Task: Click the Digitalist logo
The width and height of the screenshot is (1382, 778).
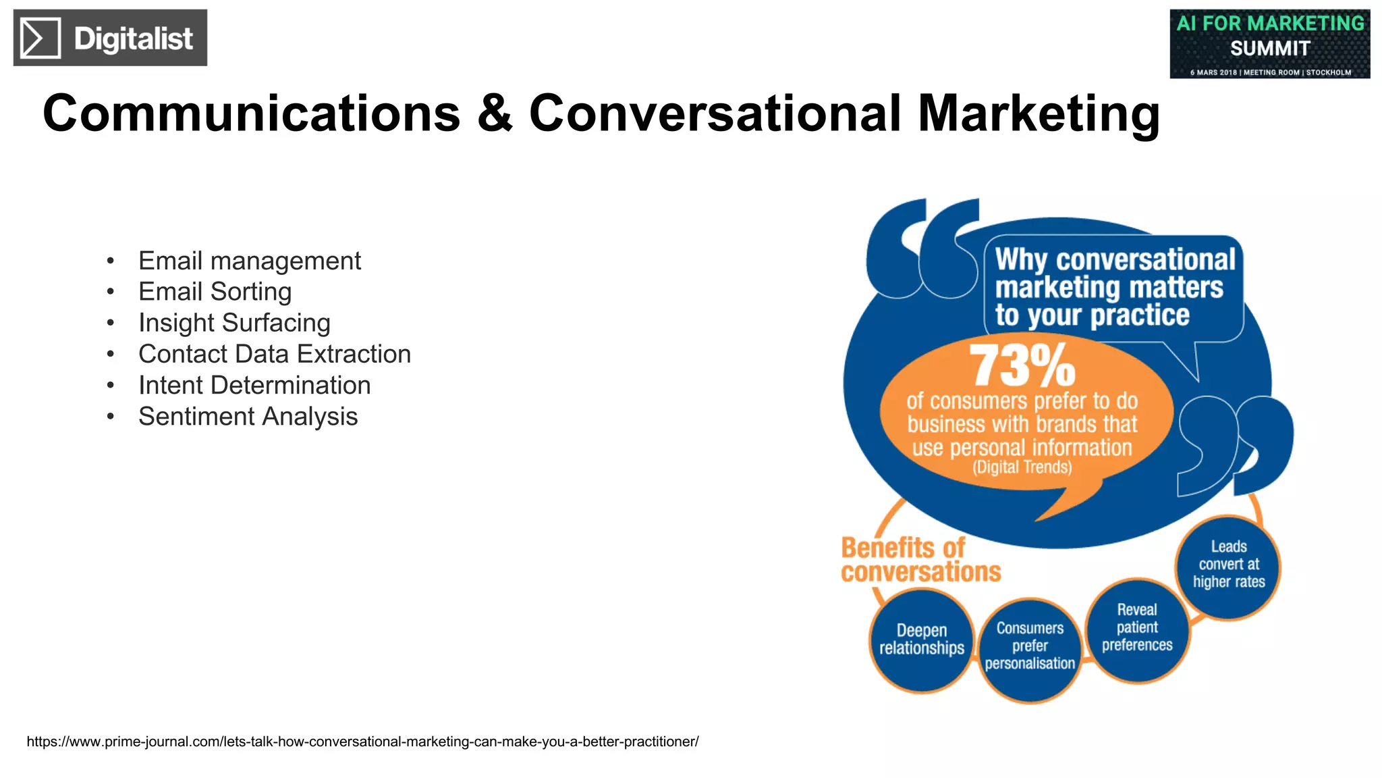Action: coord(110,38)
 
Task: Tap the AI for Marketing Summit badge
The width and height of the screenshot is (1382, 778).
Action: coord(1269,44)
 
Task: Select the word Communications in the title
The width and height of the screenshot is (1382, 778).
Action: coord(251,113)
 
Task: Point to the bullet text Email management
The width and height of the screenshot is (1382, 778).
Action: coord(250,261)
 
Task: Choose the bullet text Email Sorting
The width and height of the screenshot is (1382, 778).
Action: coord(215,292)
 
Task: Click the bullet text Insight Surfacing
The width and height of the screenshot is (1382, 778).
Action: coord(234,323)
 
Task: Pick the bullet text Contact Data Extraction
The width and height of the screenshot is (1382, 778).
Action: coord(275,354)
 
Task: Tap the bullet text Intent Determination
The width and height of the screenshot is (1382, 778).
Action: coord(254,385)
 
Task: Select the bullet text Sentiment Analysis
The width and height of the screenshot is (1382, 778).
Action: coord(248,417)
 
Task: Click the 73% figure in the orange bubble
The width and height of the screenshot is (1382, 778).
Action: coord(1022,366)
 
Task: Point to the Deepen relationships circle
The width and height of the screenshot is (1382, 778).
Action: coord(921,640)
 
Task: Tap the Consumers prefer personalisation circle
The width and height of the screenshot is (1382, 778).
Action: coord(1030,647)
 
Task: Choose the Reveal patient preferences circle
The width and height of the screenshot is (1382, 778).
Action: coord(1137,628)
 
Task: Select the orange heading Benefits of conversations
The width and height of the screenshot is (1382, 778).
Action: coord(920,560)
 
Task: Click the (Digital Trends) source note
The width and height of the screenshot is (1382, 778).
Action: coord(1022,467)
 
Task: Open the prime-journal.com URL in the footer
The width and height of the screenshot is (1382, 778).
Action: coord(362,742)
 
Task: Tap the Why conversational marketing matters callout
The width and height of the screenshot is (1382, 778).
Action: coord(1114,288)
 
